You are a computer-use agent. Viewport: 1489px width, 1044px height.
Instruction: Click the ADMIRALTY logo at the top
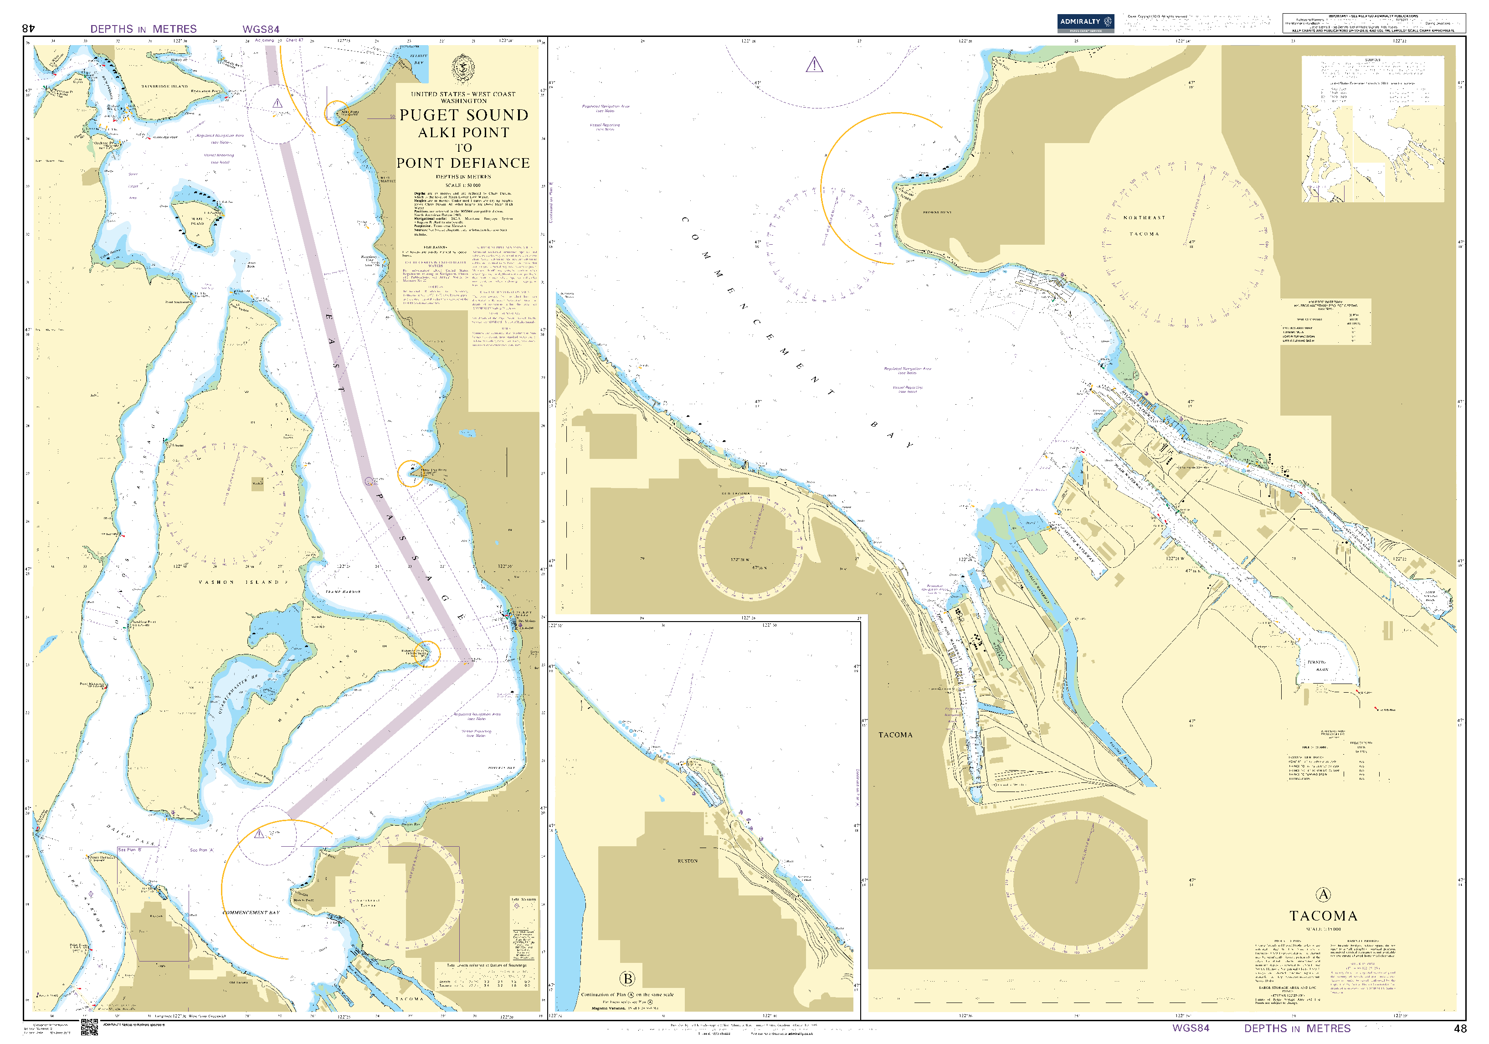1085,23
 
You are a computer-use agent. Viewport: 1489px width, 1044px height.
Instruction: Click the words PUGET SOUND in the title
464,115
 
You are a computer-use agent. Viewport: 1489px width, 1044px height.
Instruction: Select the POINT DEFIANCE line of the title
464,163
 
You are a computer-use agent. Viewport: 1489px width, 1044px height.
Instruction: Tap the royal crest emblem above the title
463,68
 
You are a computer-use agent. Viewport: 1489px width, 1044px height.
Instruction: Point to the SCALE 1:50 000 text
463,185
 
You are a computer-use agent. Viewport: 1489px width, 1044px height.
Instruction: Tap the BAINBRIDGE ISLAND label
165,86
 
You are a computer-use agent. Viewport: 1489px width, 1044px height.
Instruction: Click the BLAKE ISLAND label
197,221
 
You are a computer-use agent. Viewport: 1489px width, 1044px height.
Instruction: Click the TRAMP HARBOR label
343,592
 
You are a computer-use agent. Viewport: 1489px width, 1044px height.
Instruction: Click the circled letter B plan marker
627,978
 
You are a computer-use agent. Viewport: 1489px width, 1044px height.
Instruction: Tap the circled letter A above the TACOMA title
1323,895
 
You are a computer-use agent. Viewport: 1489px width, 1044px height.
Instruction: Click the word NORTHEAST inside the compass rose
1145,218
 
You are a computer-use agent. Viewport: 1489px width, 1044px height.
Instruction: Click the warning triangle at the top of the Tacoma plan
815,65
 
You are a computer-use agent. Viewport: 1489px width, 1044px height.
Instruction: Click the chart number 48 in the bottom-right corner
1460,1029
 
